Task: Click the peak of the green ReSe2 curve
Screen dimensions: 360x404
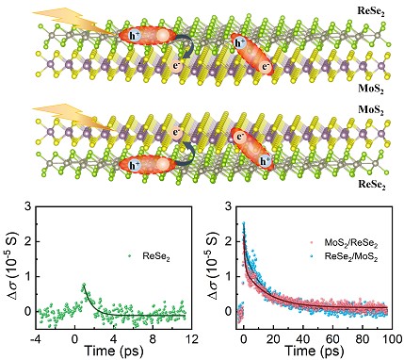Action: point(83,283)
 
